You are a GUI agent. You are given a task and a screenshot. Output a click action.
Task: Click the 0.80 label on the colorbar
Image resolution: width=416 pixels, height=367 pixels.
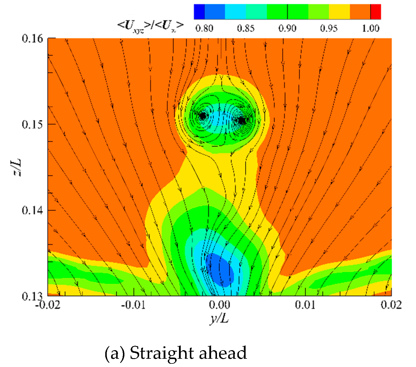pos(204,28)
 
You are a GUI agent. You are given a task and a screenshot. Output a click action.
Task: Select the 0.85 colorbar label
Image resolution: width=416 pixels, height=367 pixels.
pos(246,28)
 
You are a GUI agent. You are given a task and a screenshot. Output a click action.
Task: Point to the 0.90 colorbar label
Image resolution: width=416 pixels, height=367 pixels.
pos(287,28)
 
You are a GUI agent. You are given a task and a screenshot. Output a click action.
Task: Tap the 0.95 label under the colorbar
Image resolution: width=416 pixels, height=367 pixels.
pos(329,28)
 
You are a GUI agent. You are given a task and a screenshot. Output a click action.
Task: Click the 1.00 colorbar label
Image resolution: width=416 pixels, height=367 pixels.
pos(370,28)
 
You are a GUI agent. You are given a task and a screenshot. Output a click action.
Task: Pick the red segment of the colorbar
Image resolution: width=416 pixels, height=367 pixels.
pos(376,12)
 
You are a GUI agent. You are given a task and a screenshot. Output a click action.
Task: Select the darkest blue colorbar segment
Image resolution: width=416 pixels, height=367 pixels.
pos(199,12)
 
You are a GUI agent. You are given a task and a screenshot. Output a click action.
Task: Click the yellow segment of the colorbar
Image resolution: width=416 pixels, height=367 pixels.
pos(339,12)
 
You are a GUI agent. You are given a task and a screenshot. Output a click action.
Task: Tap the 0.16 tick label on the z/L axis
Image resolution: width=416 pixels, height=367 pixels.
pos(32,39)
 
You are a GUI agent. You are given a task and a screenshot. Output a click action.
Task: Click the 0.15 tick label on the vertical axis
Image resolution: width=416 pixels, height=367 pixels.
pos(32,124)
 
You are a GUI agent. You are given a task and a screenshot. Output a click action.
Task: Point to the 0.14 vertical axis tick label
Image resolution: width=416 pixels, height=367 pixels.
pos(32,210)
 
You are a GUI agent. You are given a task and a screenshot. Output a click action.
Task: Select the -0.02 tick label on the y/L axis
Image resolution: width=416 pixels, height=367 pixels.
pos(48,305)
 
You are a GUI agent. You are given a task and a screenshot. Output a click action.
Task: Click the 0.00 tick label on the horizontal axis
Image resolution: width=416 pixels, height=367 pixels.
pos(219,305)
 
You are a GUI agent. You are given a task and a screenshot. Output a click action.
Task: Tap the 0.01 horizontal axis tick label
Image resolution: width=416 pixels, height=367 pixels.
pos(305,305)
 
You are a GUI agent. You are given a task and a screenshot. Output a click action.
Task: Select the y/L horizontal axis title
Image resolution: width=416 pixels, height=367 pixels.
pos(219,318)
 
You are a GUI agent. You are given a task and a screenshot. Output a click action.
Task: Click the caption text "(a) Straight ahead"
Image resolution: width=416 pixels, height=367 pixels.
pos(176,353)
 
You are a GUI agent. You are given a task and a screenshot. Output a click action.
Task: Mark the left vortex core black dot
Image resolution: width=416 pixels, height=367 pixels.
pos(203,116)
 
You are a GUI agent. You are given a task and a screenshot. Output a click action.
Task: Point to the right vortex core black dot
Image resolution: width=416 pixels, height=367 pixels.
pos(242,120)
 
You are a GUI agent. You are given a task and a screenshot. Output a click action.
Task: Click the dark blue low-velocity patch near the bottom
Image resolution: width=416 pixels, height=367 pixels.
pos(220,270)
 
